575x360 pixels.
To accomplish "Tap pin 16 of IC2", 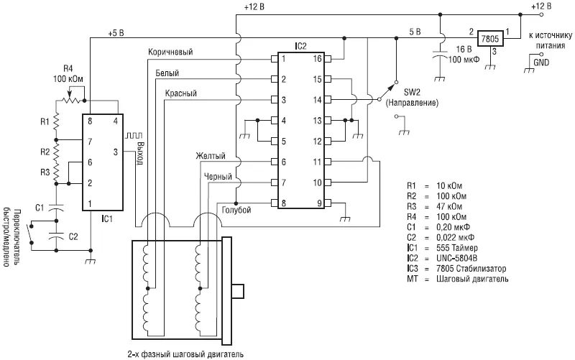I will (x=316, y=59).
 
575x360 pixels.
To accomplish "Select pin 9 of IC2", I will (x=316, y=203).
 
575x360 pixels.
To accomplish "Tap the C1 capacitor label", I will (x=39, y=207).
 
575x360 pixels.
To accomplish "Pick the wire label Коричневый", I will (x=171, y=52).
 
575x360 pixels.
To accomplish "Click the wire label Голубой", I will (x=236, y=210).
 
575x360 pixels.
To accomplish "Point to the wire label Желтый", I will (x=211, y=156).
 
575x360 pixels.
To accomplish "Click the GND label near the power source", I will (x=541, y=63).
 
